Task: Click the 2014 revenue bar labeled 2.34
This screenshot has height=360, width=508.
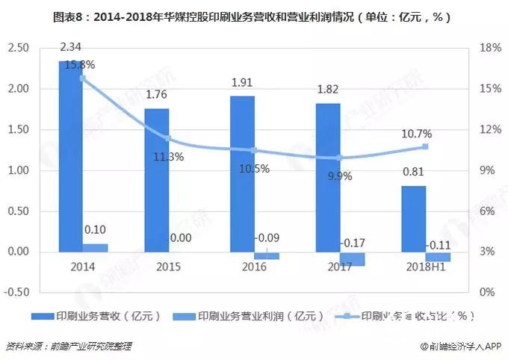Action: point(71,157)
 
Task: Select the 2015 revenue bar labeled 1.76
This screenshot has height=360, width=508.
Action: point(156,180)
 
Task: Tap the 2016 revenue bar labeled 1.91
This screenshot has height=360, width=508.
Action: point(242,174)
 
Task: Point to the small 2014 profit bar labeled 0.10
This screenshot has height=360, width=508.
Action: point(95,247)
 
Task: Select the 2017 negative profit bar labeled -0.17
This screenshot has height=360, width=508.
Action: point(352,258)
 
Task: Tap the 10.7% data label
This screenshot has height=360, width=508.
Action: point(416,134)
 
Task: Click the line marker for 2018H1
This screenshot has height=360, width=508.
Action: point(425,146)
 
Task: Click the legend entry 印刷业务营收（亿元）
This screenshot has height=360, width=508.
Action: point(105,316)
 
